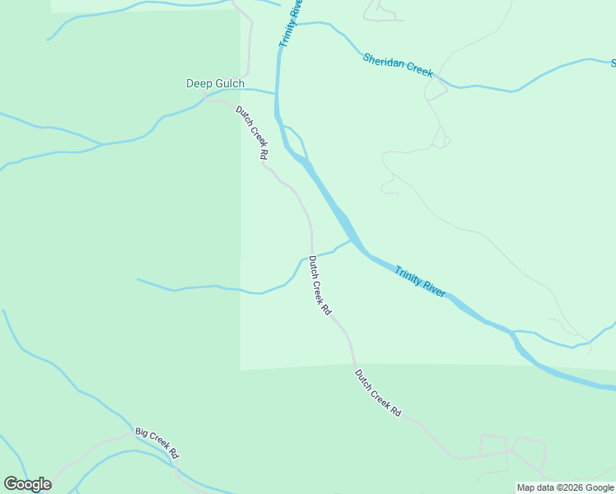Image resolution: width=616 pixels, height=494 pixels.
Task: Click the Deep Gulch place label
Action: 215,83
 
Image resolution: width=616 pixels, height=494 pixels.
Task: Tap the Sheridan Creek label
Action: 398,65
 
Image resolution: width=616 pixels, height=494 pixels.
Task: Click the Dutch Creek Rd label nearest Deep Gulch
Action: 252,133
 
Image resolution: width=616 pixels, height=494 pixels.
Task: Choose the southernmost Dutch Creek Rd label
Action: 378,392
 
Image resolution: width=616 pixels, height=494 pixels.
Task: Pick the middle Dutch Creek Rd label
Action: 320,286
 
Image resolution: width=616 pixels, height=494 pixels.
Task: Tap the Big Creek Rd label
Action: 157,442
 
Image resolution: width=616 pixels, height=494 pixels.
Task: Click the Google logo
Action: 27,484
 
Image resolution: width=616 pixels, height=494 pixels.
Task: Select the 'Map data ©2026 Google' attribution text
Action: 565,487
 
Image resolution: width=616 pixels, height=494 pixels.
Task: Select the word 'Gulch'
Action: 230,83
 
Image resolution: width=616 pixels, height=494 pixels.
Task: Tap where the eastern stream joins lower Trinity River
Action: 513,333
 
